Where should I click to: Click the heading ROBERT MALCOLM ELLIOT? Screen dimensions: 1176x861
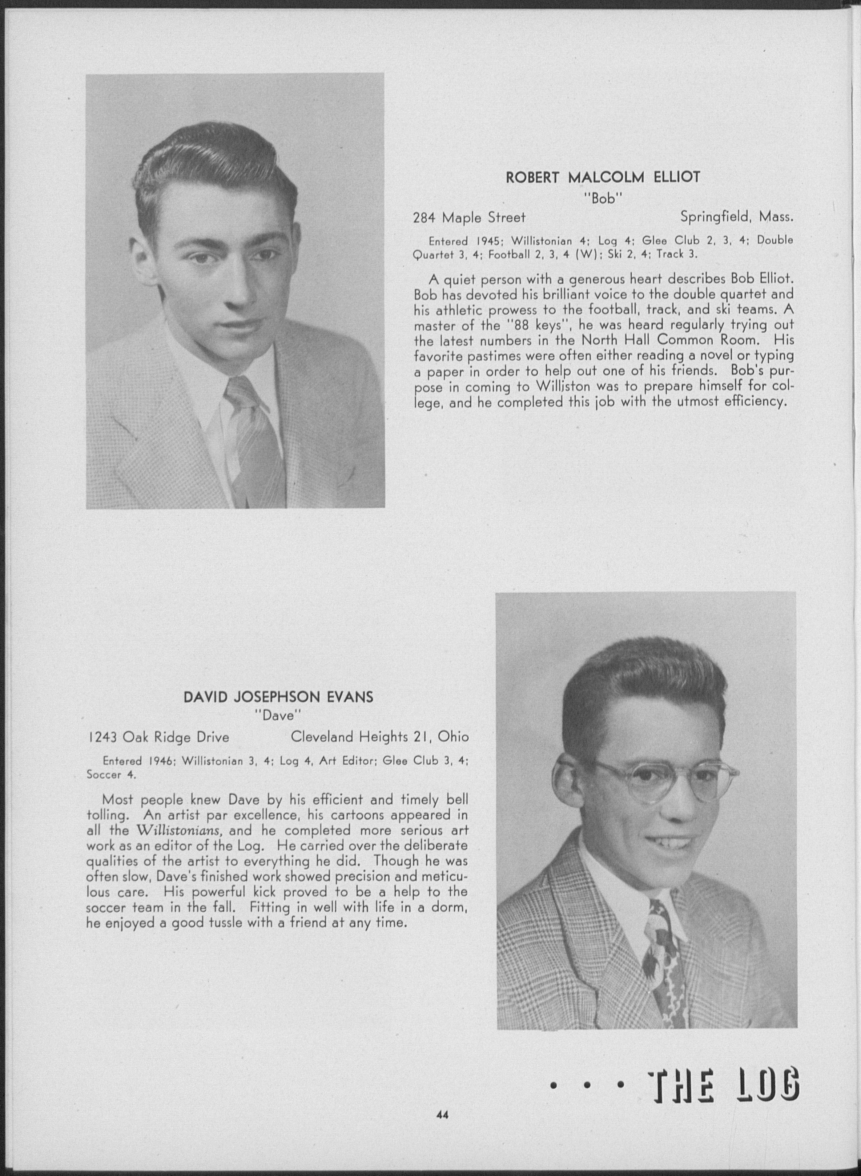[603, 178]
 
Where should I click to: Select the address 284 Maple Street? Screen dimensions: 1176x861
[468, 217]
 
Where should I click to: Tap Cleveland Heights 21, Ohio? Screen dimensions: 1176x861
[379, 736]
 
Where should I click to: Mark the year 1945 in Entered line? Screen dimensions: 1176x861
[489, 241]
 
